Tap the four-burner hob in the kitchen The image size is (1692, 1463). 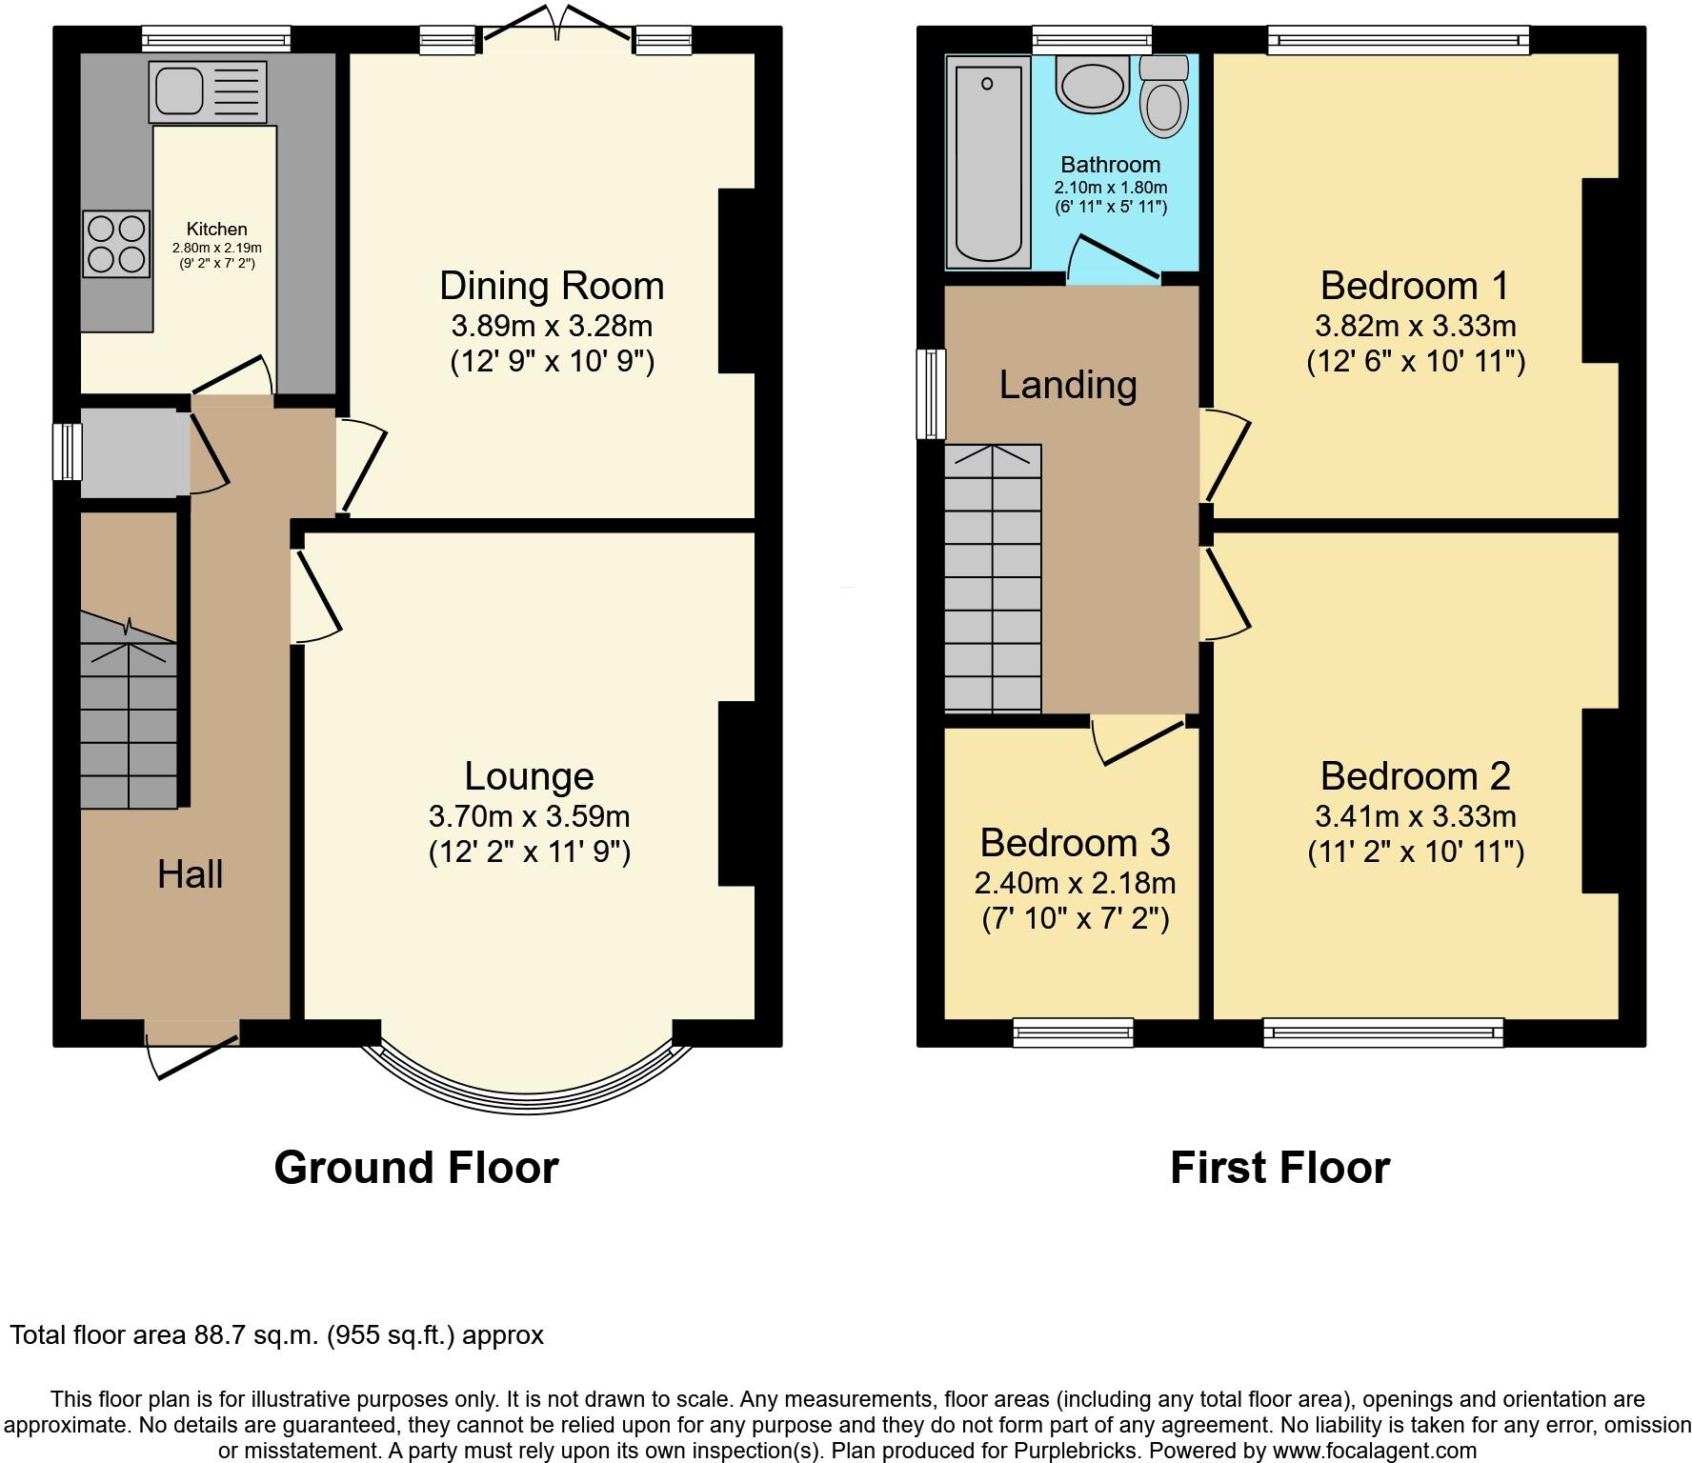(116, 244)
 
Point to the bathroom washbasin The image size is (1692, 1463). (1093, 84)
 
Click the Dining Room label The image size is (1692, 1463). (551, 286)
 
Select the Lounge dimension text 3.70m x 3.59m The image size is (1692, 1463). (529, 816)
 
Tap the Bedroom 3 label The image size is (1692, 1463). (1075, 843)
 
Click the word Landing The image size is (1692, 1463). (1068, 385)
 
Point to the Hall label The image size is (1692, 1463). (191, 873)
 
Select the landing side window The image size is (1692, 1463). (931, 394)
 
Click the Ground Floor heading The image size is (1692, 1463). (415, 1168)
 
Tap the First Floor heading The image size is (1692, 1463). (1279, 1168)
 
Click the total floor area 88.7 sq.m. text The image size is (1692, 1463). (276, 1335)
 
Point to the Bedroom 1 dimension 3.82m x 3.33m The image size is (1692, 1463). (1415, 327)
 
